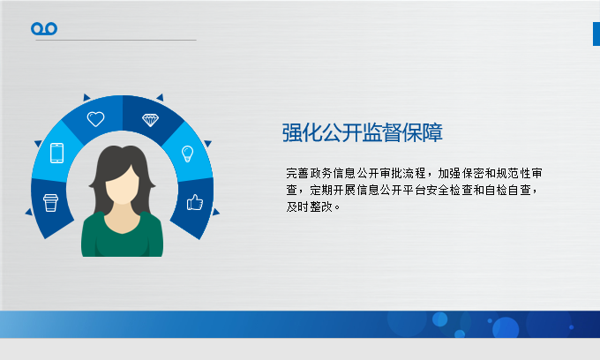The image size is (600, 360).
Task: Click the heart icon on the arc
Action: click(95, 118)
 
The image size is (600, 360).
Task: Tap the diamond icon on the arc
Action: click(150, 120)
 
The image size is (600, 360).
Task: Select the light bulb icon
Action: click(187, 154)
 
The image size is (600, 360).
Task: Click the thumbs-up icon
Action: click(195, 202)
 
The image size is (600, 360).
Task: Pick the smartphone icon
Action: click(57, 153)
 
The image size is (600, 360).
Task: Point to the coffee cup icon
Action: click(50, 203)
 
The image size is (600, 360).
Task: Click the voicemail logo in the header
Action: click(44, 29)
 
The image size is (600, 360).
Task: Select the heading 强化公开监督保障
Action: click(362, 132)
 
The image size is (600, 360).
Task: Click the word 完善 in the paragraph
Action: click(297, 173)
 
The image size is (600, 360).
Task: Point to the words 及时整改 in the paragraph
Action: click(309, 207)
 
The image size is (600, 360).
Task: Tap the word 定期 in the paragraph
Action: click(320, 190)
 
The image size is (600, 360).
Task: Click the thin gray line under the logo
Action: click(116, 40)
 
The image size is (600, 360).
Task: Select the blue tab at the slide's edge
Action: click(596, 34)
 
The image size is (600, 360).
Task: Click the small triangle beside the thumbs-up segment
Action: click(216, 212)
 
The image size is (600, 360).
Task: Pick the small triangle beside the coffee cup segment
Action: click(29, 212)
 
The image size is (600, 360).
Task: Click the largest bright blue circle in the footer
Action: click(506, 328)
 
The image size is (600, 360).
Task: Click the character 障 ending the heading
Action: click(432, 132)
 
